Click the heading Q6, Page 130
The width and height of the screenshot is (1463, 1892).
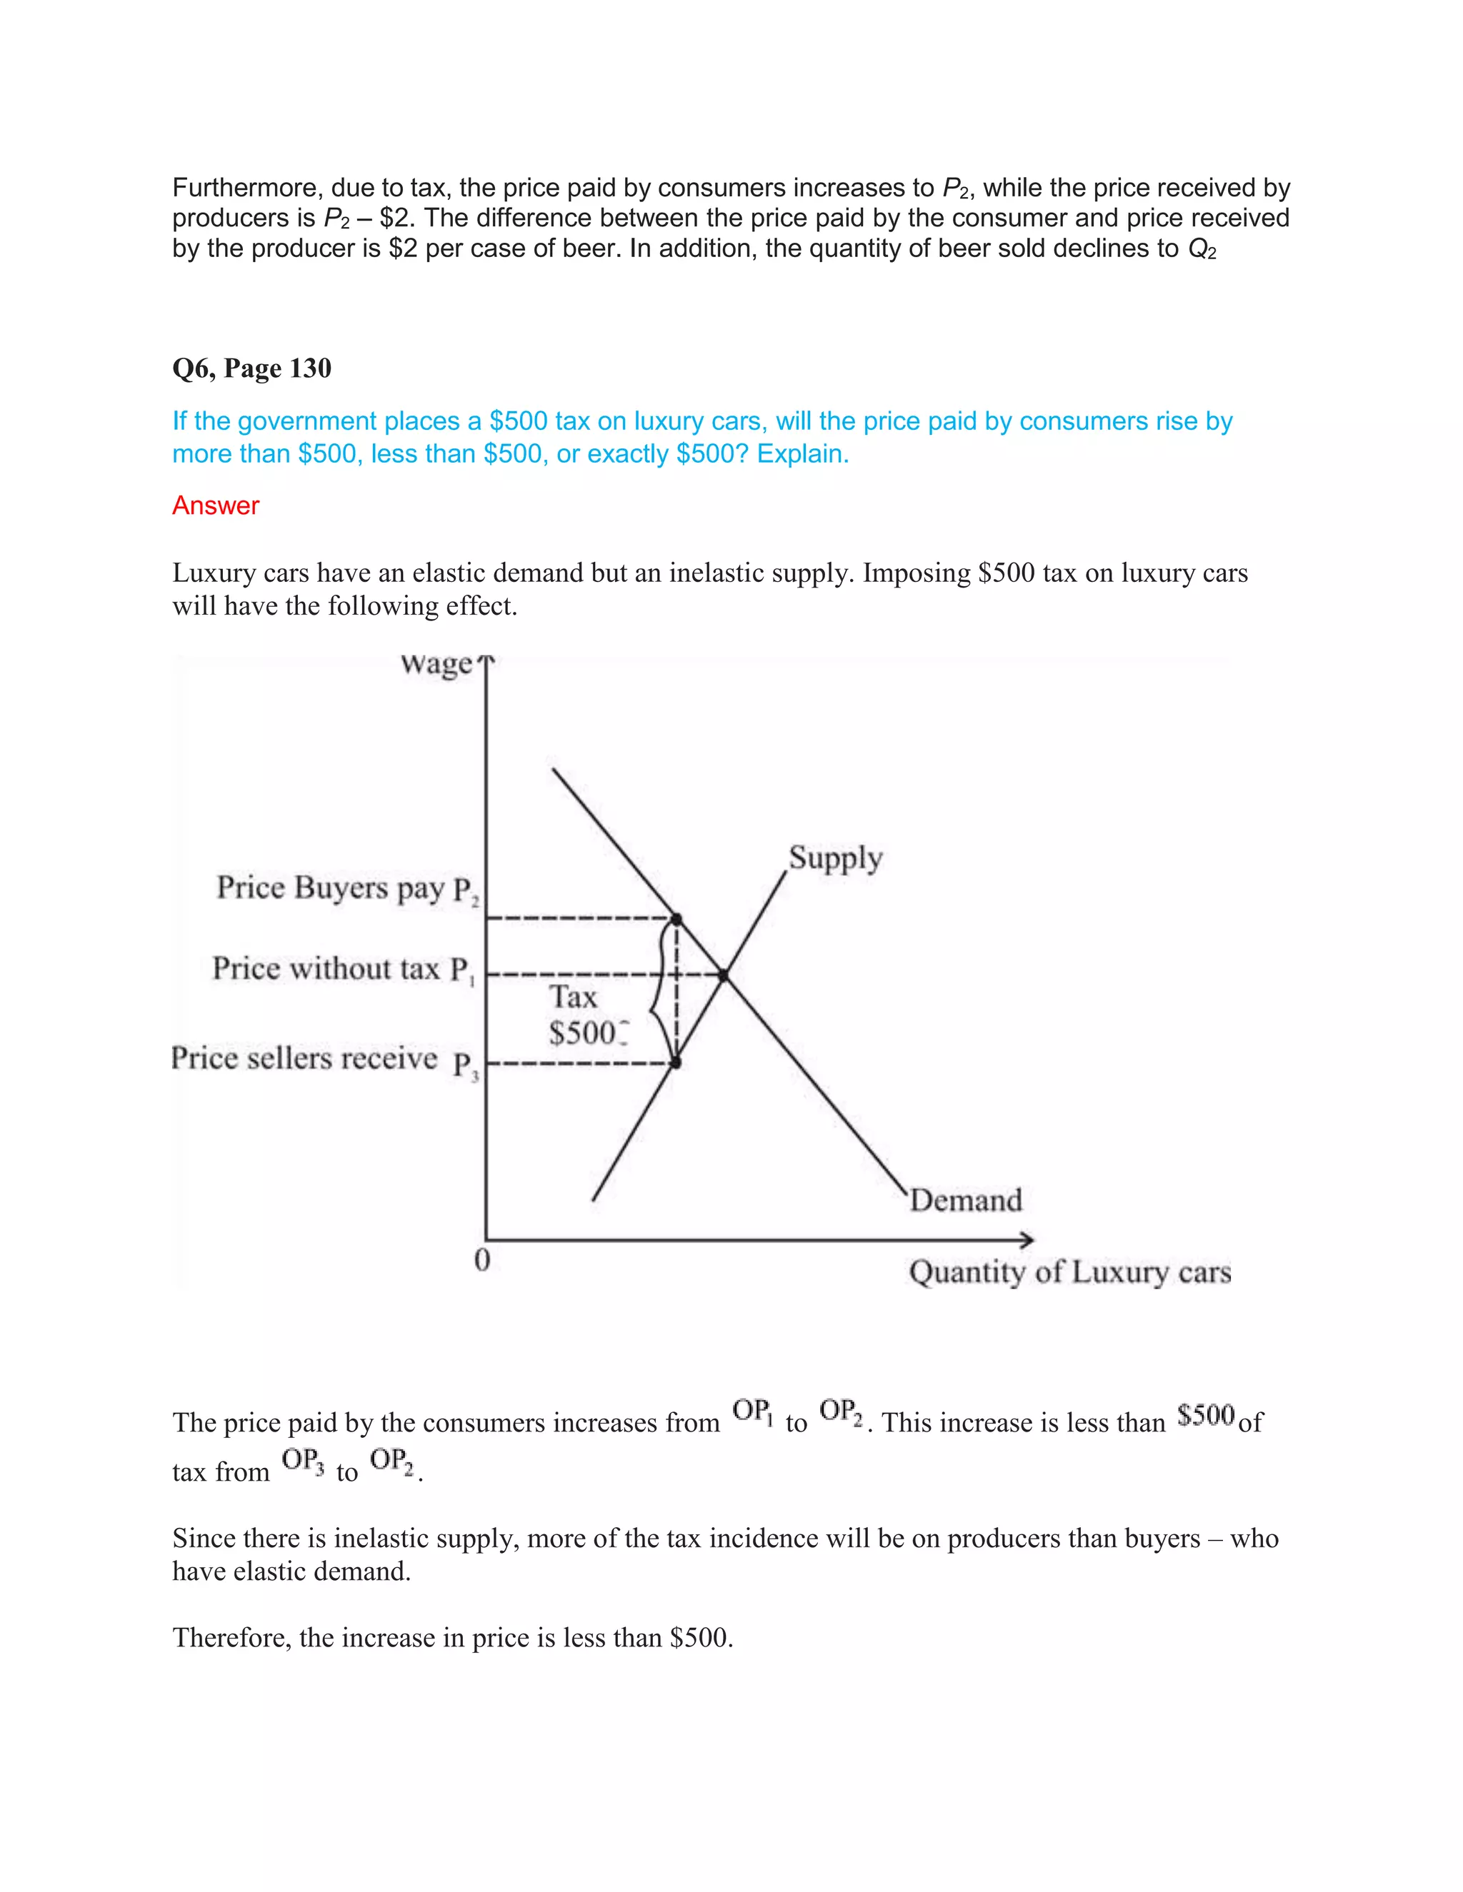251,369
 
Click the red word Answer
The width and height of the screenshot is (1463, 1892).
215,506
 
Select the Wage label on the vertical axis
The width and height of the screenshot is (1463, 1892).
436,665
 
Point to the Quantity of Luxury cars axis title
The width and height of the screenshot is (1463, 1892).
1069,1272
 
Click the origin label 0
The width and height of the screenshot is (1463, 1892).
483,1259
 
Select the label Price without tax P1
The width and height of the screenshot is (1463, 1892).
343,970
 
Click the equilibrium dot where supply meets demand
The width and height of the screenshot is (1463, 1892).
724,976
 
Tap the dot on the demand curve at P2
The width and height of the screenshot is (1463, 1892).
677,918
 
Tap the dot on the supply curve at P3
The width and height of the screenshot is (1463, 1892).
676,1062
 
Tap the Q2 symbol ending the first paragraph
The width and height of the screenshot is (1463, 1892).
1202,249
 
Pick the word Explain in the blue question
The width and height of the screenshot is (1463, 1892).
802,454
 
